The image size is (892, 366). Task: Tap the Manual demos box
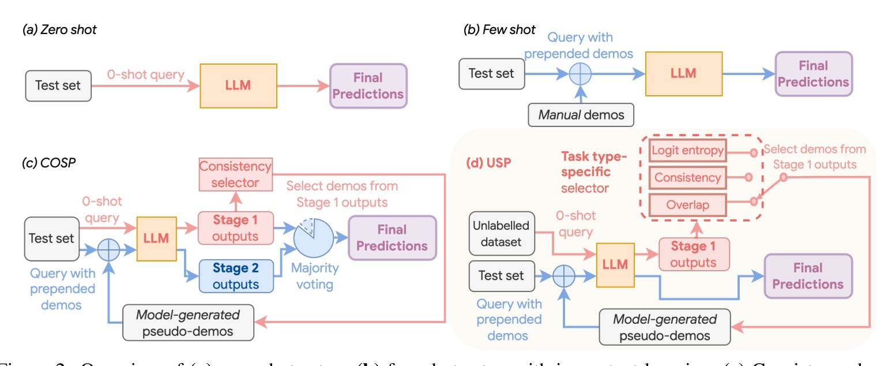(x=581, y=114)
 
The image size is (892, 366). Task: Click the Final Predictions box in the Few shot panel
(x=813, y=73)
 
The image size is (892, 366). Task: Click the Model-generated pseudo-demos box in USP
(x=665, y=327)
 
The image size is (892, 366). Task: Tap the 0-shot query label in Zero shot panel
(x=145, y=75)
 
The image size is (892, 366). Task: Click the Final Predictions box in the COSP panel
(x=392, y=238)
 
